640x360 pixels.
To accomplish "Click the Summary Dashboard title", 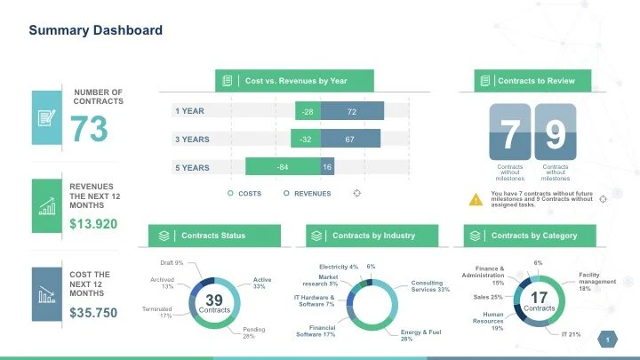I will (96, 30).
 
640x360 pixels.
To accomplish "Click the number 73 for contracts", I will (89, 130).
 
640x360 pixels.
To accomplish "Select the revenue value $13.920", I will (93, 223).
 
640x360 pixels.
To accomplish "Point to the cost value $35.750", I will (93, 313).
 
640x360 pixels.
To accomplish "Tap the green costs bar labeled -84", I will (283, 167).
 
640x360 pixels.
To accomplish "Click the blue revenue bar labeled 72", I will (352, 111).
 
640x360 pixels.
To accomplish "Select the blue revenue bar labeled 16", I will (327, 167).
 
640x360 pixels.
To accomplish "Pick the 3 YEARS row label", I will (192, 140).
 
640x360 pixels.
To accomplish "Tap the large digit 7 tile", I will (508, 134).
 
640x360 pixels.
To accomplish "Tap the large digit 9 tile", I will (556, 134).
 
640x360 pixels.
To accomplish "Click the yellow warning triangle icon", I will (476, 199).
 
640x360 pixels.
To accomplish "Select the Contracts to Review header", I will (529, 81).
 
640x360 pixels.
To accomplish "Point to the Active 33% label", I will (262, 283).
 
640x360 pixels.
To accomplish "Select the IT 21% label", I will (571, 334).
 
